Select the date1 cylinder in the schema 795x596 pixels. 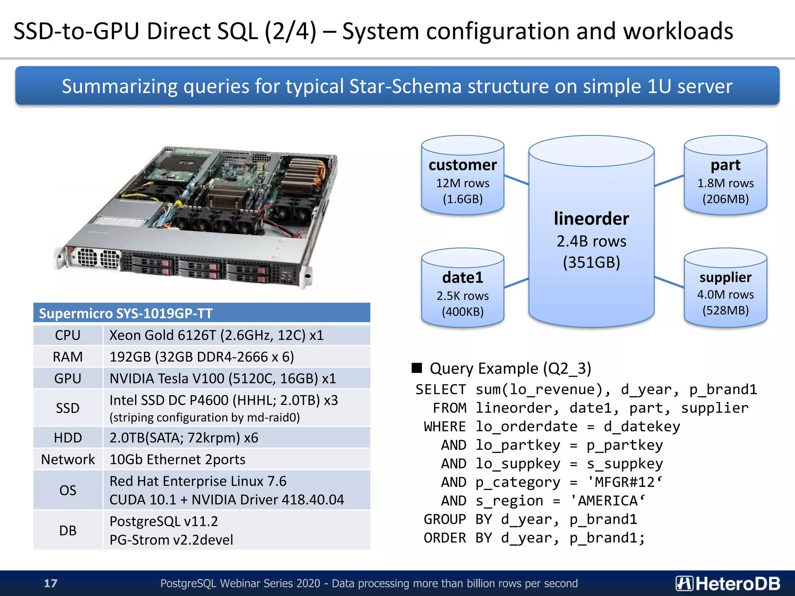coord(462,289)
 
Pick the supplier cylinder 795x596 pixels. coord(725,289)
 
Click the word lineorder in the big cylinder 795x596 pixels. coord(591,219)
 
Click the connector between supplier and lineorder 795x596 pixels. coord(669,282)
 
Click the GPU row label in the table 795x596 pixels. coord(68,378)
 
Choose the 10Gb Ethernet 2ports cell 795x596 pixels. coord(177,459)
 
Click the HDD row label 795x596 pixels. coord(68,438)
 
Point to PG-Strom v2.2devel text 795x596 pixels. coord(171,540)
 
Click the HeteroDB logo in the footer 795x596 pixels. coord(727,583)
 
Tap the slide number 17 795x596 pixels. coord(50,583)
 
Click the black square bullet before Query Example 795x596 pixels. coord(417,368)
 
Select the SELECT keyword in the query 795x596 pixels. coord(441,390)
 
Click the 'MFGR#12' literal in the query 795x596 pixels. coord(624,482)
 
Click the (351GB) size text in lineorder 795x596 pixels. coord(591,263)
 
